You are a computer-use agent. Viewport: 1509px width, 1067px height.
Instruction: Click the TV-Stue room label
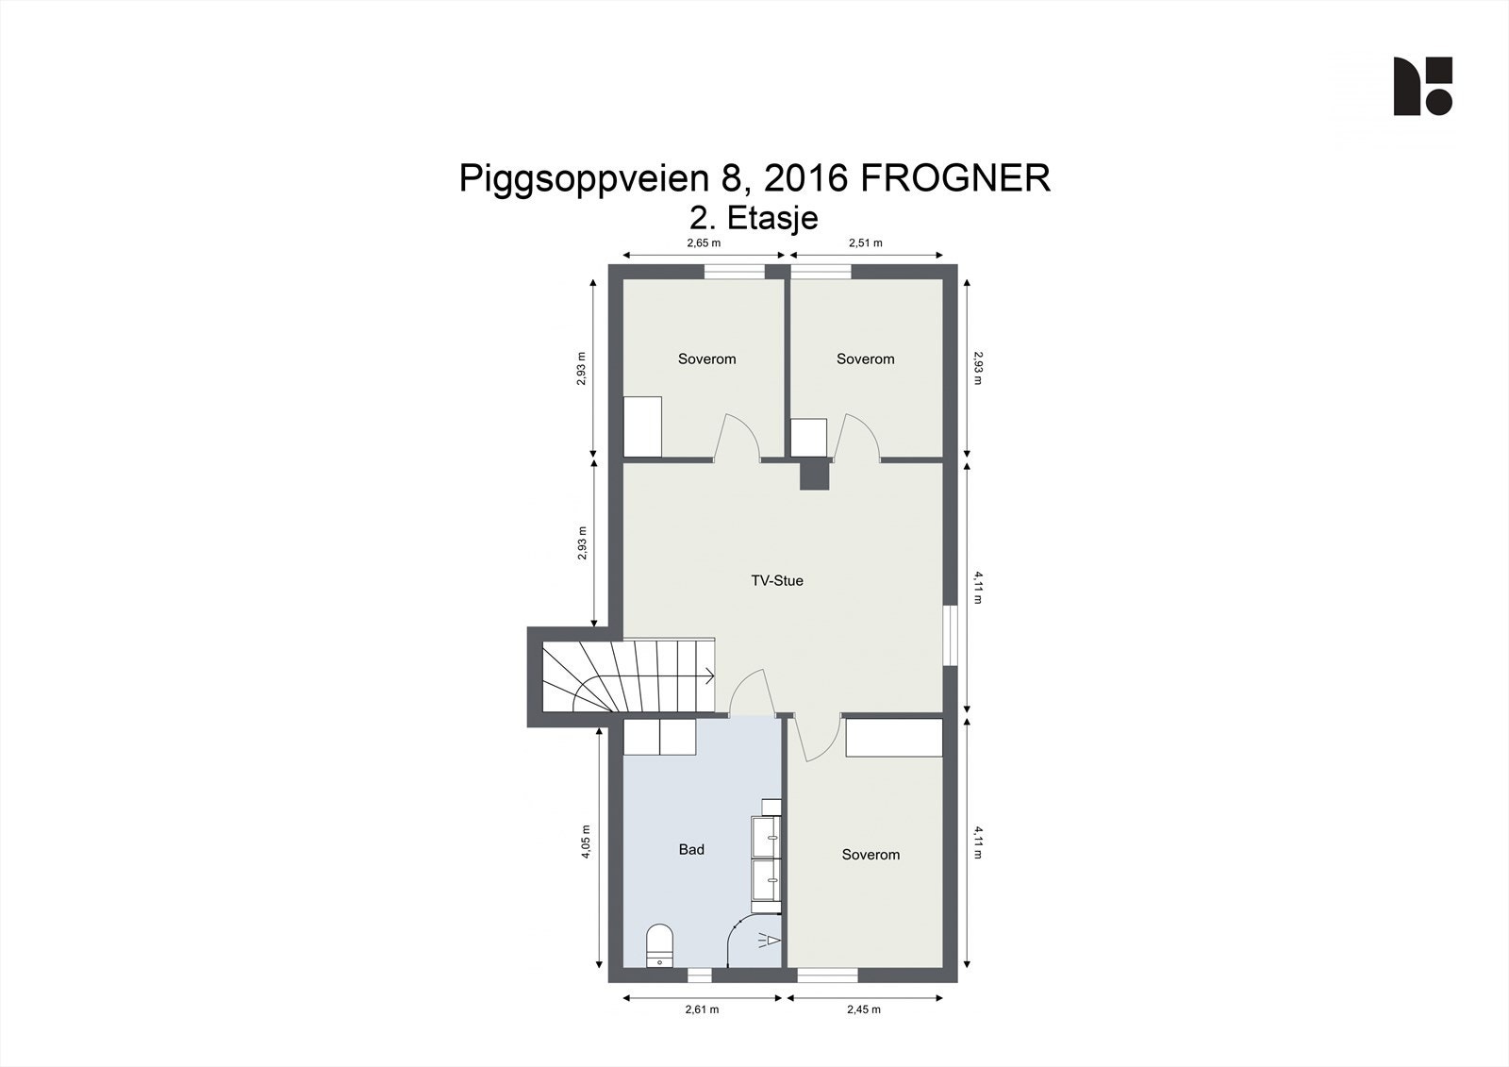[x=776, y=580]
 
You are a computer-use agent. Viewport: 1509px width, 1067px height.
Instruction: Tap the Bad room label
[x=691, y=849]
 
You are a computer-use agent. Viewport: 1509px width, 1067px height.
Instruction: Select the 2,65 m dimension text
[x=703, y=242]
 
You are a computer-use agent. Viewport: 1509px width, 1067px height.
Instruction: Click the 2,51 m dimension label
[x=865, y=242]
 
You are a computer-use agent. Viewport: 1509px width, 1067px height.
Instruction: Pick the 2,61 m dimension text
[x=702, y=1009]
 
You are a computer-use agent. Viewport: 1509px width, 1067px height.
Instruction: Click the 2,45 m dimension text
[x=863, y=1009]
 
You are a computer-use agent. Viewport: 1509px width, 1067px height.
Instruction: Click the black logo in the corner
[x=1422, y=86]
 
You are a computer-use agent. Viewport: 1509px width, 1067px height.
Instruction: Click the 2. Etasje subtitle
[x=754, y=218]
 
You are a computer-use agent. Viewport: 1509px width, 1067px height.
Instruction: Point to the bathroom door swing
[x=751, y=692]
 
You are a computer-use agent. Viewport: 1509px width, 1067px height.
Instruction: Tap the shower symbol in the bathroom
[x=769, y=940]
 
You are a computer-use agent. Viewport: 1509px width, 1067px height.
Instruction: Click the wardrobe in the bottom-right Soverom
[x=894, y=737]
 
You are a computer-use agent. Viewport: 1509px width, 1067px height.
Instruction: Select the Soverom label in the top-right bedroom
[x=865, y=358]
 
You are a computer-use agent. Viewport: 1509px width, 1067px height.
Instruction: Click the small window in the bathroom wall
[x=699, y=975]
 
